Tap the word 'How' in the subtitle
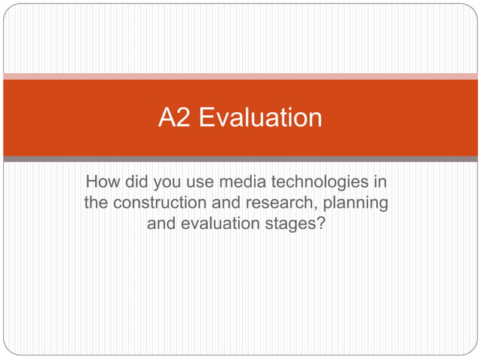(103, 182)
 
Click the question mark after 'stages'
(322, 224)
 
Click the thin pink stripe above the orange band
(240, 76)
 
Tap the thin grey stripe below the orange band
(240, 159)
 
